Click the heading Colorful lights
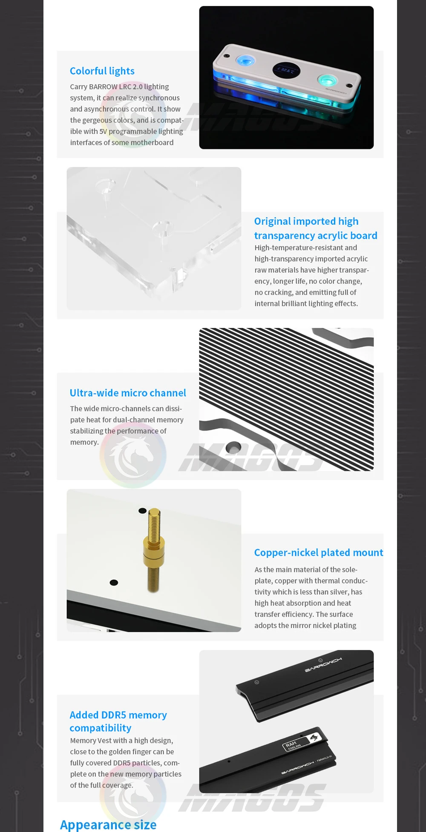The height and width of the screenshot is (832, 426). [x=102, y=71]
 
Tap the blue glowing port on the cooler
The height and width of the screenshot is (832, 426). [x=245, y=60]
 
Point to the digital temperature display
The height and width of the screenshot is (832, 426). [x=286, y=70]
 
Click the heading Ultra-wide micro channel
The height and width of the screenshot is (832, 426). [x=128, y=393]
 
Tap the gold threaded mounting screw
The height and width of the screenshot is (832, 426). [x=154, y=550]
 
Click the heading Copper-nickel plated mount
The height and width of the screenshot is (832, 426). [x=319, y=552]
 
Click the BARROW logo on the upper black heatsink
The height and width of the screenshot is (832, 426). [x=323, y=665]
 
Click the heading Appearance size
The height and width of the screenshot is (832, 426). [x=108, y=824]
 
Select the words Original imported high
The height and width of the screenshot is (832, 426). [x=306, y=221]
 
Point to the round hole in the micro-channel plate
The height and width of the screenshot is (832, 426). [x=233, y=447]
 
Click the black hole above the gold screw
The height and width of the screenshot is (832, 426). [x=143, y=511]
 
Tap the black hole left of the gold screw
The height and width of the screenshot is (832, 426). [x=114, y=583]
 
